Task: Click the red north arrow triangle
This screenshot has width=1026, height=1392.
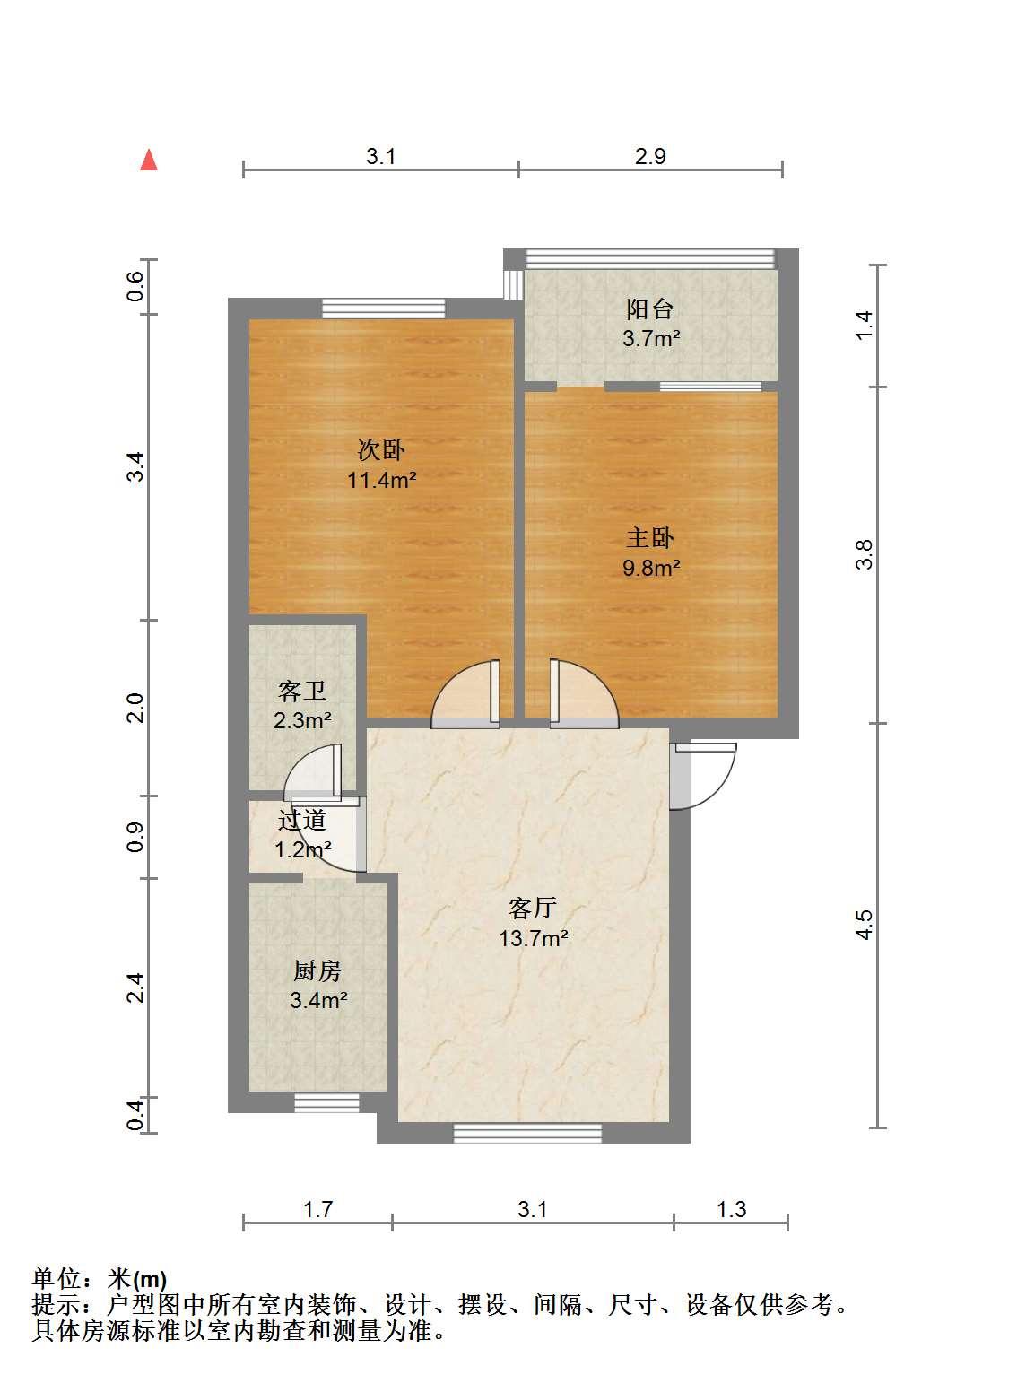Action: (149, 160)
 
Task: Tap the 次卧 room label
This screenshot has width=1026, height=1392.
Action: (381, 450)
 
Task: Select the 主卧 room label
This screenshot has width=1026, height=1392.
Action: (650, 538)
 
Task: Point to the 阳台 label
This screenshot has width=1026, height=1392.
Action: (650, 309)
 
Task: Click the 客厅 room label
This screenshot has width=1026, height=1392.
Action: (532, 908)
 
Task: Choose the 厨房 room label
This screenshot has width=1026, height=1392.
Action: (317, 970)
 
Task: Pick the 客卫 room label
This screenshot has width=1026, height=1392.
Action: (302, 691)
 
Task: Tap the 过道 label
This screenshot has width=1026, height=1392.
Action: (302, 821)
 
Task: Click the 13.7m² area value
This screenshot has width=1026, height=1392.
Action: (534, 938)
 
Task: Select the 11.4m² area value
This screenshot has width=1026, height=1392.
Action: (381, 480)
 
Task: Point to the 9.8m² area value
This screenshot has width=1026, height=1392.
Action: (651, 568)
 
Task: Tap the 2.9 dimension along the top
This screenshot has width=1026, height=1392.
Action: (650, 156)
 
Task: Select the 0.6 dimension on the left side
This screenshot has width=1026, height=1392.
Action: (135, 286)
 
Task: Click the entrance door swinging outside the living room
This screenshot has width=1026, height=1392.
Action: (703, 776)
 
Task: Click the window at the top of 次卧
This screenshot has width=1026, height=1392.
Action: (384, 309)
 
